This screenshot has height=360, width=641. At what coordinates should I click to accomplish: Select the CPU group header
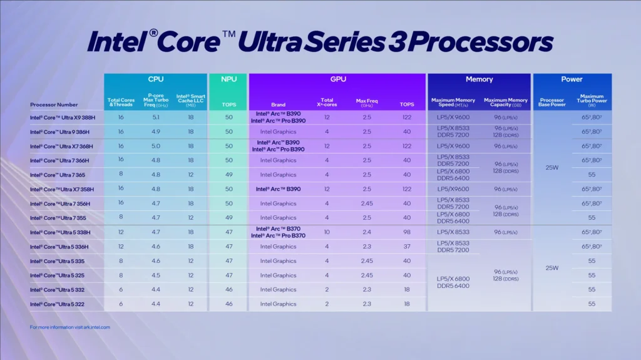(x=156, y=80)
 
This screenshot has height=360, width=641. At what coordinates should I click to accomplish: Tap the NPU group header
(x=228, y=80)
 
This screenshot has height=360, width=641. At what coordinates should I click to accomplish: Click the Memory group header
(x=479, y=80)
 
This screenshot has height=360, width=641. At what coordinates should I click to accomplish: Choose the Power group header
(x=572, y=80)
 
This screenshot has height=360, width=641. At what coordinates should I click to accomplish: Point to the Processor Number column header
(x=54, y=105)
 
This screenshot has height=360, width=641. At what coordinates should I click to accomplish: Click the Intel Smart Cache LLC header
(x=191, y=100)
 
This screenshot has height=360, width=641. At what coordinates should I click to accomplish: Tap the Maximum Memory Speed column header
(x=453, y=102)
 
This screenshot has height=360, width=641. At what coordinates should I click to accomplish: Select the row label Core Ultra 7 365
(x=58, y=175)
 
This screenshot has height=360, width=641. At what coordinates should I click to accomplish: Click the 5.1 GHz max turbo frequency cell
(x=155, y=117)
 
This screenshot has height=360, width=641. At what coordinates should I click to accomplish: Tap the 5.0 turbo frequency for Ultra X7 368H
(x=155, y=146)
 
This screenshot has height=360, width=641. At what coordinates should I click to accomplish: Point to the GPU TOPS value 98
(x=407, y=232)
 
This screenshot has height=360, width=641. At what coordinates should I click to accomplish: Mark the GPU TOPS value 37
(x=407, y=247)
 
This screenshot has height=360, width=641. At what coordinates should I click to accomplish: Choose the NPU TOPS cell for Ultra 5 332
(x=228, y=290)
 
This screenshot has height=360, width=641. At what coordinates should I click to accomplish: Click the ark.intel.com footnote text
(x=69, y=327)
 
